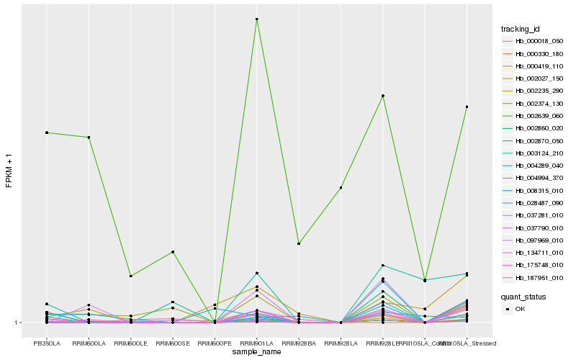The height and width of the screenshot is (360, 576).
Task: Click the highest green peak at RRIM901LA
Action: (257, 19)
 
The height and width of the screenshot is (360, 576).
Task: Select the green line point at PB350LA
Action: (47, 132)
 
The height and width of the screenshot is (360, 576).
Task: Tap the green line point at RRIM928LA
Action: (341, 188)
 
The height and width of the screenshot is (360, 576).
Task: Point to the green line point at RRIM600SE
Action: (173, 252)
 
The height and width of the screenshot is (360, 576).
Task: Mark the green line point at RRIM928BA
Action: (299, 243)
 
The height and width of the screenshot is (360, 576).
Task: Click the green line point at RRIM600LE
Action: (131, 276)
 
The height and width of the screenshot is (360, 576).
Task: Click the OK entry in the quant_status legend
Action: (521, 309)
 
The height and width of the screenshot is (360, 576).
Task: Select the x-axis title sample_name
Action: (257, 352)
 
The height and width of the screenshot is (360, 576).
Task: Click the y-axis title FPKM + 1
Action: (9, 169)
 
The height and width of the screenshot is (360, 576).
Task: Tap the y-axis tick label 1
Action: (17, 323)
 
